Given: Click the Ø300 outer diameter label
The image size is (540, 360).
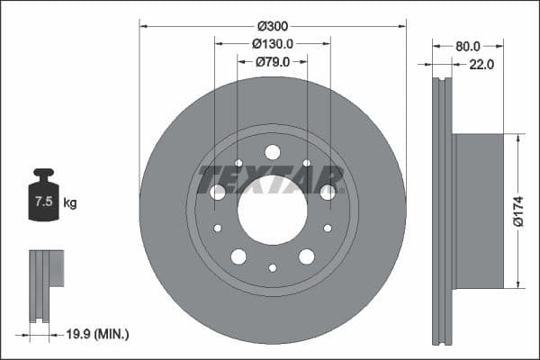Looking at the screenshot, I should (x=273, y=26).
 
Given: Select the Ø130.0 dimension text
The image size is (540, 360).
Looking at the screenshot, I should (x=273, y=44).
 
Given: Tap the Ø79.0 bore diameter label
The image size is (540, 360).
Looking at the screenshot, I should (x=273, y=62).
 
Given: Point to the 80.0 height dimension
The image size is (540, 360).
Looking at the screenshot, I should (x=468, y=44).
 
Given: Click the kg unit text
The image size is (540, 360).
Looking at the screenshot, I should (x=70, y=203).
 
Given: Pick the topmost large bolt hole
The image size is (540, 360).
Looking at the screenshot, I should (x=273, y=152).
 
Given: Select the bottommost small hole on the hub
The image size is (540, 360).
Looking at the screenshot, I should (x=273, y=267).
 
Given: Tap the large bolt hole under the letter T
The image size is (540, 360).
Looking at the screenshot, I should (x=218, y=192).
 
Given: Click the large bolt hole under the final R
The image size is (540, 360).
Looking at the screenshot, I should (x=328, y=192).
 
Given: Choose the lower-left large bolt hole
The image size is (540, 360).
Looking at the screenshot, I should (x=238, y=256).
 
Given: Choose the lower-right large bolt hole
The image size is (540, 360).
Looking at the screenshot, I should (x=307, y=256).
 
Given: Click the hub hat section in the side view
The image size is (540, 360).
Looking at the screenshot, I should (x=478, y=211).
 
